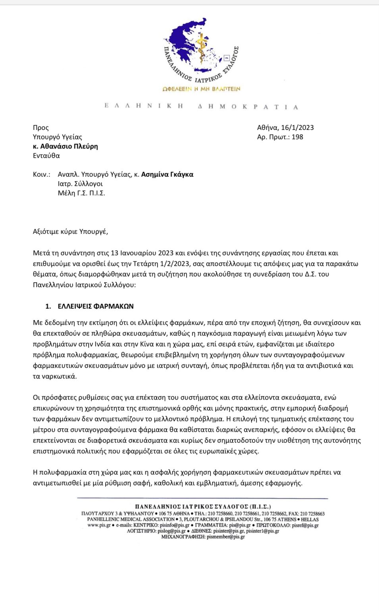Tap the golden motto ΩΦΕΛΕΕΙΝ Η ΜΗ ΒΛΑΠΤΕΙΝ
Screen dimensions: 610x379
coord(201,89)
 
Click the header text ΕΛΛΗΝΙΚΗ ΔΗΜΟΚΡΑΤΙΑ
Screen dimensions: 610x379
coord(201,106)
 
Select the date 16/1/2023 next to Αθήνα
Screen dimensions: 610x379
coord(297,127)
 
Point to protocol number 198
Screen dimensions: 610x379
coord(297,137)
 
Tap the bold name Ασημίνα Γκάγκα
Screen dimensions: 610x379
coord(167,174)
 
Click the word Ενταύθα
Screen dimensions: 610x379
coord(46,156)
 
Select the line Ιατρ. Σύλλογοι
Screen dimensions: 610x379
coord(80,184)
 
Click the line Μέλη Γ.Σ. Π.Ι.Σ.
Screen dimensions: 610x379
coord(81,193)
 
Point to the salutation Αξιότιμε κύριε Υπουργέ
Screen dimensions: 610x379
coord(70,232)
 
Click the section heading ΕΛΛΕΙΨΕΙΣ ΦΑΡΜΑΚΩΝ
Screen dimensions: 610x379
coord(96,306)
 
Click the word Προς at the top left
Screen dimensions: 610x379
coord(41,127)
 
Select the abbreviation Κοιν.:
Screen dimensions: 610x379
coord(42,174)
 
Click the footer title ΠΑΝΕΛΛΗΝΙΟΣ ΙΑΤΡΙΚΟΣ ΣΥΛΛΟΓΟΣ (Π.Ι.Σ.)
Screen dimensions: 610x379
coord(203,506)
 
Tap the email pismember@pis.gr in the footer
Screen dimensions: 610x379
coord(225,537)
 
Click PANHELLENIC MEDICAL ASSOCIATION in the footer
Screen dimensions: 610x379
coord(131,519)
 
